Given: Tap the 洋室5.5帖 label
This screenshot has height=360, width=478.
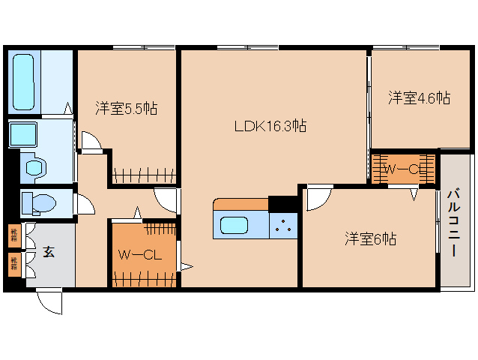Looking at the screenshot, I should click(x=126, y=108).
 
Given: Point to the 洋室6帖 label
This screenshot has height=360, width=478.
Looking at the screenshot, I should click(x=370, y=238).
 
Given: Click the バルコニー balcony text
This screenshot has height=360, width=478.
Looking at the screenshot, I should click(x=453, y=223).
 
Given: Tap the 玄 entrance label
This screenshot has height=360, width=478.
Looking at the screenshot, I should click(x=48, y=253).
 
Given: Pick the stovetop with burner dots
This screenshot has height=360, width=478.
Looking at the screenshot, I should click(x=284, y=223).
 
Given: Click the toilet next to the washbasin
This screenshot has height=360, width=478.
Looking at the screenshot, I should click(x=34, y=167).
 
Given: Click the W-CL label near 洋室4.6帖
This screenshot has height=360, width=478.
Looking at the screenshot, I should click(x=404, y=169).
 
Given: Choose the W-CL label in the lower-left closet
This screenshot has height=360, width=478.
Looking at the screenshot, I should click(x=141, y=255).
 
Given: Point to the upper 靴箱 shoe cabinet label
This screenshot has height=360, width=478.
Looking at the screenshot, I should click(x=13, y=235).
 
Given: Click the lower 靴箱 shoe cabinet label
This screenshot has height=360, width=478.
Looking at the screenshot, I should click(x=13, y=262).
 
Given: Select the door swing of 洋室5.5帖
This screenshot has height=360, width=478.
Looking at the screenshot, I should click(x=91, y=142).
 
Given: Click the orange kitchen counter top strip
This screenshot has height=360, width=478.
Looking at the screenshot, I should click(x=240, y=204).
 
